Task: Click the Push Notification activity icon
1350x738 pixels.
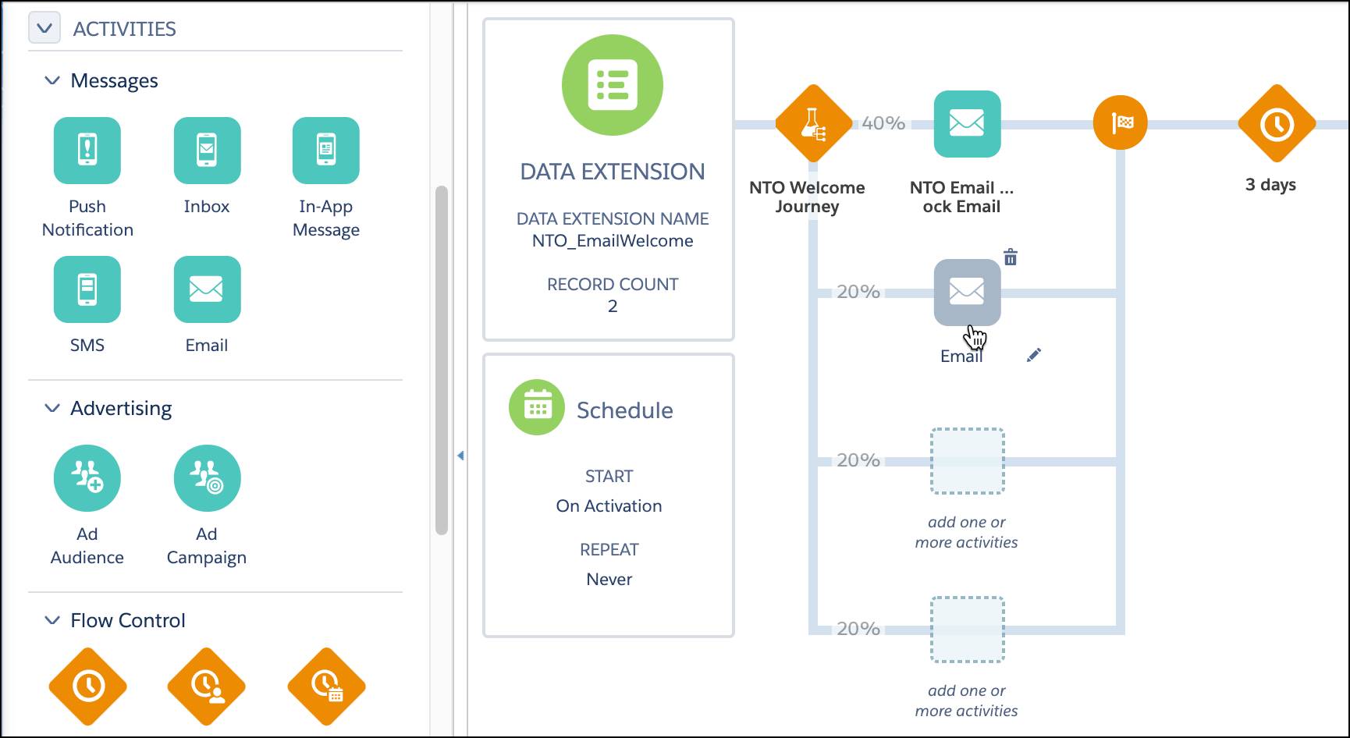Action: (x=87, y=150)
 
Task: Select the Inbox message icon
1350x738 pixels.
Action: (x=207, y=150)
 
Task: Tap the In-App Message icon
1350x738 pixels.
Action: (x=326, y=150)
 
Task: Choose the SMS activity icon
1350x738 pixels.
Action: (x=87, y=289)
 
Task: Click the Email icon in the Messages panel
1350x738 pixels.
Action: (x=207, y=289)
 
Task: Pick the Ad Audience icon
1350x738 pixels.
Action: (x=87, y=478)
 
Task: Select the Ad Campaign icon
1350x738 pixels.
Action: (x=207, y=478)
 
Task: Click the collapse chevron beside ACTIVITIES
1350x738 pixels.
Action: (x=44, y=29)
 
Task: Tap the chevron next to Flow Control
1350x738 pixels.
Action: (x=52, y=620)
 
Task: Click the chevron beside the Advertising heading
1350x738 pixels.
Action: (x=52, y=408)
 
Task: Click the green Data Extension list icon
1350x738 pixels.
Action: (x=613, y=85)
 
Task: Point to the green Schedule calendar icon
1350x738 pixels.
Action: (x=537, y=407)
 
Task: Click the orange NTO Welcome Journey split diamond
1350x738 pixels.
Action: (x=813, y=123)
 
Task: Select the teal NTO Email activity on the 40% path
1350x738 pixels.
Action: (x=967, y=123)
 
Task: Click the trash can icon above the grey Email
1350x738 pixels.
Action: (x=1011, y=257)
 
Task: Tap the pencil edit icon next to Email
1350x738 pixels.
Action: (x=1034, y=355)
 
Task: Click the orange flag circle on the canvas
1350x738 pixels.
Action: (x=1120, y=122)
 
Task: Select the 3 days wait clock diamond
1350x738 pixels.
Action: (x=1277, y=123)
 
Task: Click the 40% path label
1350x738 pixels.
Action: (x=883, y=123)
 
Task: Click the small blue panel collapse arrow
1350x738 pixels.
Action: (x=460, y=455)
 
